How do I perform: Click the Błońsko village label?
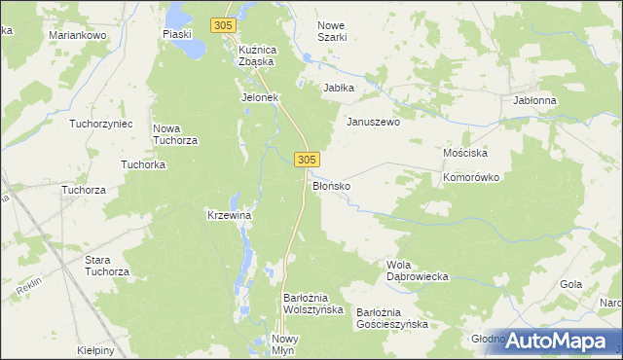pos(331,184)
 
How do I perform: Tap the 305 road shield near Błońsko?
pos(307,159)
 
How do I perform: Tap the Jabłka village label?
pos(339,87)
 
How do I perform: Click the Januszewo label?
pos(374,123)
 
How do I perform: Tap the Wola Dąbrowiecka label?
pos(417,270)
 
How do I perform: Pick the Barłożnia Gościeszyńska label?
pos(391,318)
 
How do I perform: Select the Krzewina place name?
pos(231,215)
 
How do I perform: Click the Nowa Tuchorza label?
pos(176,134)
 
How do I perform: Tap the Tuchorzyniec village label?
pos(100,124)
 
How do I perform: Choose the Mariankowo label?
pos(77,34)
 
